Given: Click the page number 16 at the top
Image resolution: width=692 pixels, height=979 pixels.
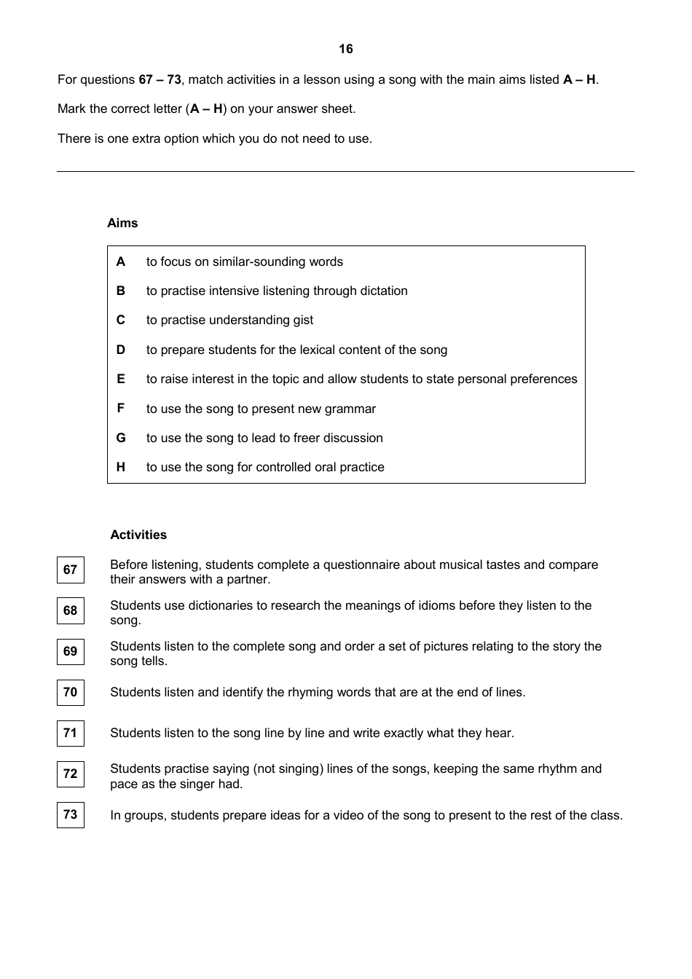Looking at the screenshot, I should [x=345, y=49].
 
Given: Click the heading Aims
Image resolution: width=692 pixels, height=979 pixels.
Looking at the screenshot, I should [x=122, y=223].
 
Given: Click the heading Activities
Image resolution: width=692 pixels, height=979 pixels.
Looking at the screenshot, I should [x=138, y=535].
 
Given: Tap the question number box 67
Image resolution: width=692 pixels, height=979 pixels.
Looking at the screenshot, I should [x=71, y=570].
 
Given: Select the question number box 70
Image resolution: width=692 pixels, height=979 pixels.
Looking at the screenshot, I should [x=71, y=692].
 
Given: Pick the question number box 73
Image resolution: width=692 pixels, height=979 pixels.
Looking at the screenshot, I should [x=71, y=814].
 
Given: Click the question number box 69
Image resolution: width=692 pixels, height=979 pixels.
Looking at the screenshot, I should [x=71, y=651].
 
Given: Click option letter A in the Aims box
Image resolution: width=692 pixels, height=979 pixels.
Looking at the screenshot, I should [x=121, y=262].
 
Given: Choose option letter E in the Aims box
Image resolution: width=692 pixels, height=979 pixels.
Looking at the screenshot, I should [x=121, y=379].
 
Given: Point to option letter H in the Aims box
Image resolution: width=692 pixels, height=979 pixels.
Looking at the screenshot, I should [x=121, y=467].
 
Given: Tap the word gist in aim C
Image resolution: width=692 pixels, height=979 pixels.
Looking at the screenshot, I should [x=302, y=321].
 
